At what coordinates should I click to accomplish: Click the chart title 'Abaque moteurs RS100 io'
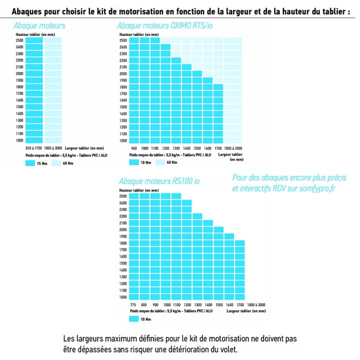coord(159,181)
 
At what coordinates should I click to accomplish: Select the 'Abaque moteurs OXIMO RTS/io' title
coord(165,25)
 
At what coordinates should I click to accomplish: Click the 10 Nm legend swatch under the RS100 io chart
coord(134,318)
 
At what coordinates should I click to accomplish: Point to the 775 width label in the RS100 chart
coord(133,304)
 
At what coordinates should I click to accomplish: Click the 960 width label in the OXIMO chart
coord(133,148)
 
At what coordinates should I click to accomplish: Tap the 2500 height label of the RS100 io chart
coord(123,196)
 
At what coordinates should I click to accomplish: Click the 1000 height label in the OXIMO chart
coord(123,140)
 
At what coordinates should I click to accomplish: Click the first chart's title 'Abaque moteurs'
coord(39,25)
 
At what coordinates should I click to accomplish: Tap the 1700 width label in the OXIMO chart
coord(218,148)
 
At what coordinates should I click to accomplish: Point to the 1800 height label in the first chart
coord(19,87)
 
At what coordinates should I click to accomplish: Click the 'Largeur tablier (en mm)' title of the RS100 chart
coord(246,311)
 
